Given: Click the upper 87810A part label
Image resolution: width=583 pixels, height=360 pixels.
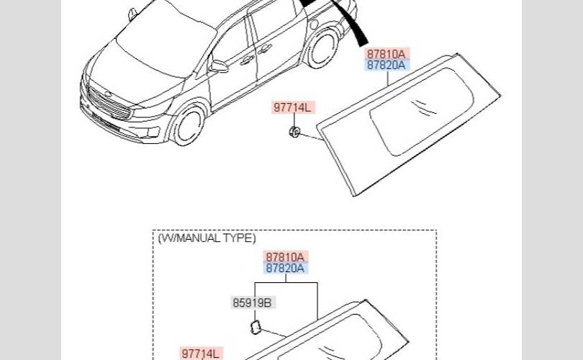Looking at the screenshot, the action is pos(386,54).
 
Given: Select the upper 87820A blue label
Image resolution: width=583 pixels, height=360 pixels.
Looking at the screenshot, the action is pos(386,65).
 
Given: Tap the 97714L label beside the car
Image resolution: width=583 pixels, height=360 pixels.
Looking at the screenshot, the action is pos(292,107).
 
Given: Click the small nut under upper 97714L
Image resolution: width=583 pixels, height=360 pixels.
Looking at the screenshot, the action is pos(294,132).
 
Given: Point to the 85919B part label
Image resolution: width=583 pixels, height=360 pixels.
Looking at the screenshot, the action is pos(252,302).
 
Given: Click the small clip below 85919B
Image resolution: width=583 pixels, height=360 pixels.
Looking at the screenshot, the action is pos(256,328).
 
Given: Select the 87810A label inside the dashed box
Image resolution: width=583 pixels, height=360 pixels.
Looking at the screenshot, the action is pos(285,257).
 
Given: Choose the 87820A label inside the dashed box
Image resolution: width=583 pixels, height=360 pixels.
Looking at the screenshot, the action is pos(285,268).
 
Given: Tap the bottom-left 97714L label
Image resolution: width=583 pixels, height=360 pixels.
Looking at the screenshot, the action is pos(200,354).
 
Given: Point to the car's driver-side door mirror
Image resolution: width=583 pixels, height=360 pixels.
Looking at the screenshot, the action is pos(220,66).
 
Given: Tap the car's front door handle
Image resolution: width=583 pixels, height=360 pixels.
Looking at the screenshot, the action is pos(247,60).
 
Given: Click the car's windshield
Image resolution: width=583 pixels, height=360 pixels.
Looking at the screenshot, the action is pos(168,41).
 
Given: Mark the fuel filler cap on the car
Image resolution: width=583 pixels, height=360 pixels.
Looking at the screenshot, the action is pos(314,25).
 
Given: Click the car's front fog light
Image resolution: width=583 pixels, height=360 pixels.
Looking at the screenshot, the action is pos(153,132).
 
